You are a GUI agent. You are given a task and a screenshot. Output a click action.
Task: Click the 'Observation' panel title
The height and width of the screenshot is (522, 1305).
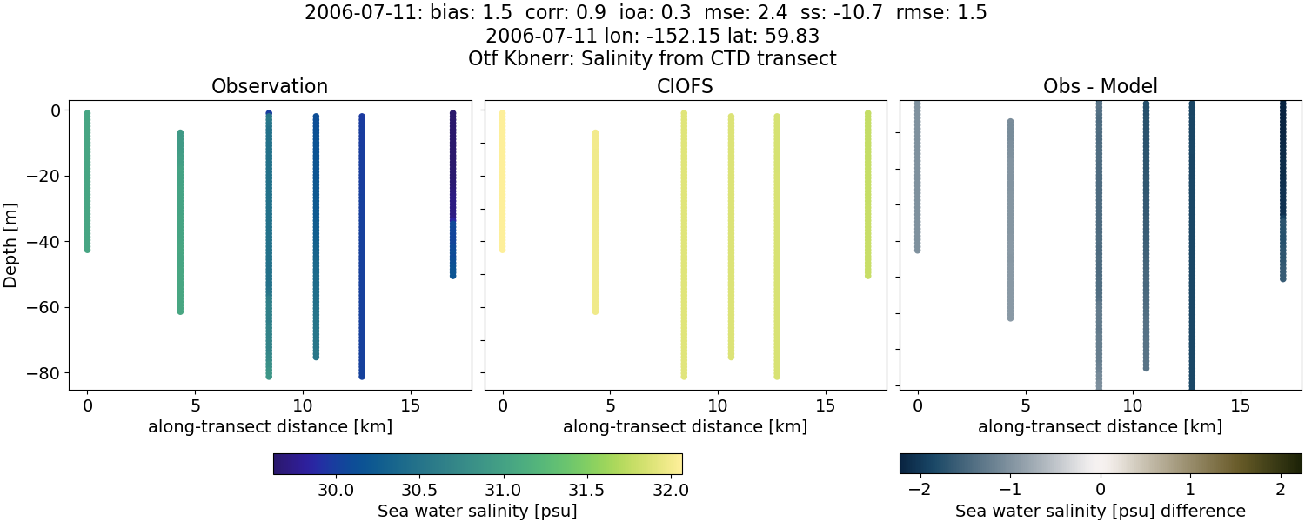coord(270,87)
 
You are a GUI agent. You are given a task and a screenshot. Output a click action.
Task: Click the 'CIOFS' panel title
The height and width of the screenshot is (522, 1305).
coord(685,87)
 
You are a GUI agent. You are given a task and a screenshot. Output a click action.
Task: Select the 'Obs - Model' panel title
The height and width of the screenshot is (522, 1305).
coord(1100,87)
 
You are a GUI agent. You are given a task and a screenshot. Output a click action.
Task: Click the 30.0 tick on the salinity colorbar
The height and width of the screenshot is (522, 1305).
coord(336,490)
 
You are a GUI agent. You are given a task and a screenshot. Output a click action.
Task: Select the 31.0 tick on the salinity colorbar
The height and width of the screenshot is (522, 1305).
coord(503,490)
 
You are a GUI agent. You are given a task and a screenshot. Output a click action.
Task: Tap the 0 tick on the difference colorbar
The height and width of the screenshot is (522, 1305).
coord(1101,490)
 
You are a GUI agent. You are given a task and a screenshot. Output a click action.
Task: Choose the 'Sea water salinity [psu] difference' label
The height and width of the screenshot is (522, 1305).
coord(1101,511)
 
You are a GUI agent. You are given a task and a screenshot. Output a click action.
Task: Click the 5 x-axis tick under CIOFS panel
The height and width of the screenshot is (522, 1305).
coord(611,406)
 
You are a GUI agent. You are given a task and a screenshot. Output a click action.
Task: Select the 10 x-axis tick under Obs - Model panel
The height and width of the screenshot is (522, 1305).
coord(1133,406)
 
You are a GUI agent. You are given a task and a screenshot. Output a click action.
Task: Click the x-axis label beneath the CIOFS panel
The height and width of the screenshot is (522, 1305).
coord(685,427)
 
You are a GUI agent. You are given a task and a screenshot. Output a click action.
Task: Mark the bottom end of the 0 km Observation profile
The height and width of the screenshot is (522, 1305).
coord(87,250)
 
